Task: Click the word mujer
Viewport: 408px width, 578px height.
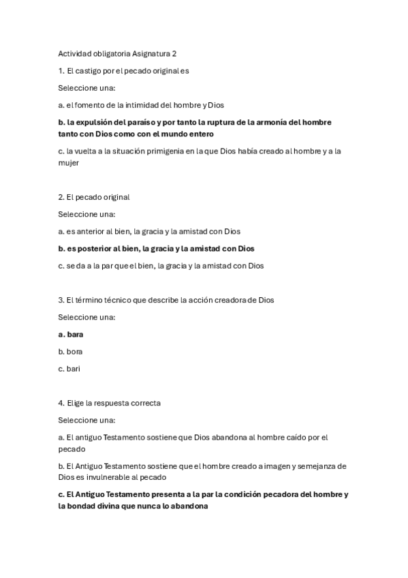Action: click(x=69, y=162)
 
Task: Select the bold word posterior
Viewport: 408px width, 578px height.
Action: click(x=97, y=249)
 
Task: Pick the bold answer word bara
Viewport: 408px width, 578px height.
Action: click(x=75, y=335)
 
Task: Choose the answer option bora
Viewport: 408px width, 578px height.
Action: click(x=74, y=352)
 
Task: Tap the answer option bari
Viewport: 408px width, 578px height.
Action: click(x=74, y=369)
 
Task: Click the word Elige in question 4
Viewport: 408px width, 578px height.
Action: click(x=76, y=403)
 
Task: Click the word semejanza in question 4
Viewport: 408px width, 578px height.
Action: click(x=302, y=466)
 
